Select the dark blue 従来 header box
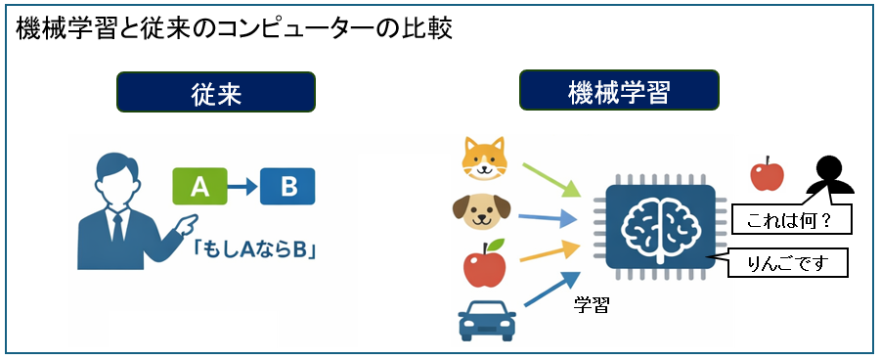[216, 94]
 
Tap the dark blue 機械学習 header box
[619, 94]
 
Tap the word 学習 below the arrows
[592, 305]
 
